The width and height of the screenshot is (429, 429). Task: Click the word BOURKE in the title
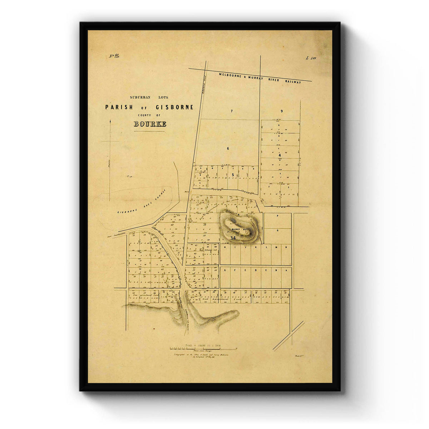click(150, 124)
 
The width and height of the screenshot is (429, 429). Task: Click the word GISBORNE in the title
click(174, 107)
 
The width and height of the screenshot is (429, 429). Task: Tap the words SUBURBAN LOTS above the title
click(149, 97)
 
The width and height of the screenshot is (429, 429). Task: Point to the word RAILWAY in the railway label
click(293, 82)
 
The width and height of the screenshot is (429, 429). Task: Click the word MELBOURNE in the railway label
click(231, 75)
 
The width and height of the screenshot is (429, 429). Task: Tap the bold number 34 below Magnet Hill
click(233, 238)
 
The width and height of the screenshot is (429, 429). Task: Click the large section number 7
click(231, 111)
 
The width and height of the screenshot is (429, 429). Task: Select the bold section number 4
click(280, 155)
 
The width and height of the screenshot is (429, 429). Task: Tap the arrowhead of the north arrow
click(110, 122)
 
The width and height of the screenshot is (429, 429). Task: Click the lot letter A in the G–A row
click(286, 271)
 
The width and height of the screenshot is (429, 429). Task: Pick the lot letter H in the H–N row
click(225, 247)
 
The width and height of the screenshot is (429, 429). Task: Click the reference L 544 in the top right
click(311, 58)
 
